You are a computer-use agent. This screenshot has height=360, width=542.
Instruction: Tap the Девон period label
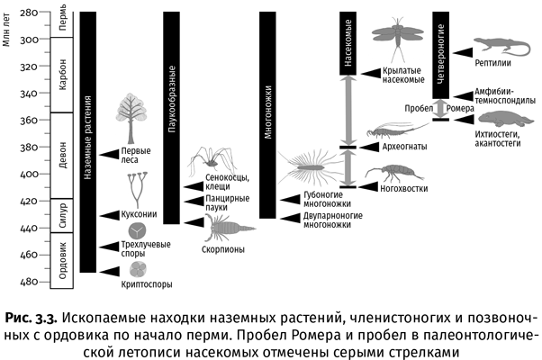coord(62,155)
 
